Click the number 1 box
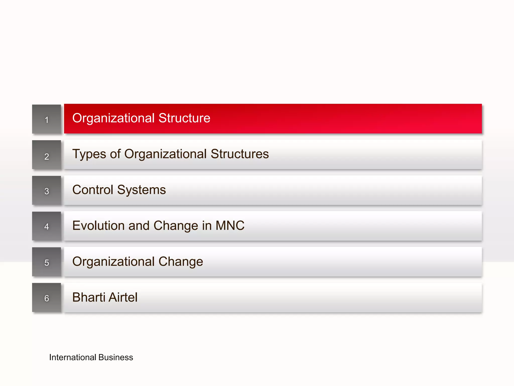(x=47, y=119)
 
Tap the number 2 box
(x=47, y=155)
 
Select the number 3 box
(x=47, y=190)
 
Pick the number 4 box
(x=47, y=226)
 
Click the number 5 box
(x=47, y=262)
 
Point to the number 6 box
(x=47, y=298)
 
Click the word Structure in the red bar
(x=184, y=118)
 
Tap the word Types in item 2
(x=89, y=154)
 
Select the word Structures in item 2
(x=240, y=154)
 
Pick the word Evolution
(x=98, y=225)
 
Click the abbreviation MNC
(x=230, y=225)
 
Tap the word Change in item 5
(x=181, y=262)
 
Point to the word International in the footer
(x=73, y=357)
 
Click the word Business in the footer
(x=116, y=357)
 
